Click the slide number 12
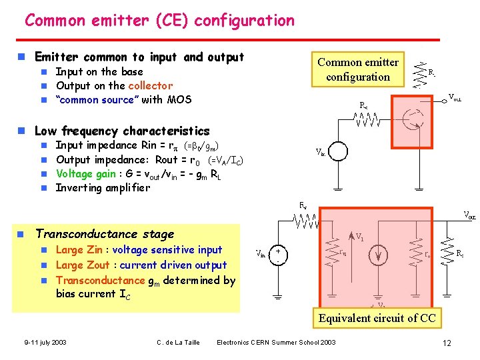coord(447,343)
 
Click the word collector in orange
coord(151,85)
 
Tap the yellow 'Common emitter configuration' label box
coord(358,69)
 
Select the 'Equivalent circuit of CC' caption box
coord(377,318)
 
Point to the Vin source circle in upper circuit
coord(338,151)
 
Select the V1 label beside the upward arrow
coord(360,237)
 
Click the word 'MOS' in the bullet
coord(178,99)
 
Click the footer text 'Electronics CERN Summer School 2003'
coord(277,343)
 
